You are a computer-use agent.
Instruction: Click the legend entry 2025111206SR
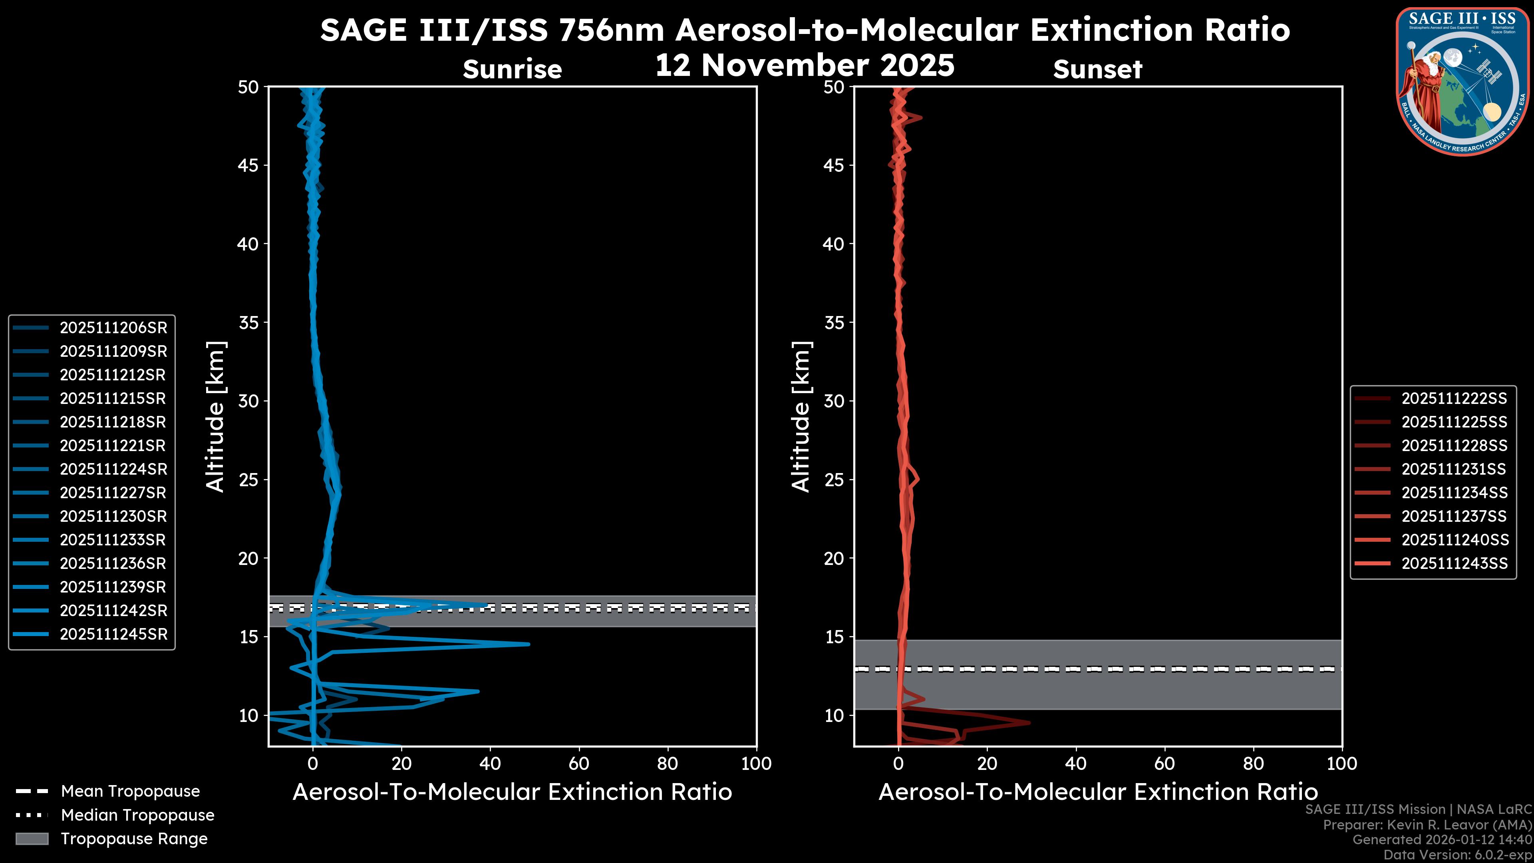[x=113, y=328]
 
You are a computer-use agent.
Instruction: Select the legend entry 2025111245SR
[x=113, y=634]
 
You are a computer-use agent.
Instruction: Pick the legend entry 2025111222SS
[x=1454, y=398]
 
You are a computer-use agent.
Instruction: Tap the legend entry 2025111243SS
[x=1454, y=563]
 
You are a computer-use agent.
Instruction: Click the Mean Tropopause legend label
[x=130, y=791]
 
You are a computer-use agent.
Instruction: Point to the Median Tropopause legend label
[x=137, y=815]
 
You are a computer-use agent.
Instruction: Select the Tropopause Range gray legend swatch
[x=32, y=839]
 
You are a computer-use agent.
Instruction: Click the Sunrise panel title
[x=512, y=70]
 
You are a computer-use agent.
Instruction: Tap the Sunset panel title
[x=1097, y=70]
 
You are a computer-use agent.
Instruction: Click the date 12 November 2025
[x=805, y=66]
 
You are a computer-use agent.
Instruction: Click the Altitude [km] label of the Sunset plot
[x=801, y=416]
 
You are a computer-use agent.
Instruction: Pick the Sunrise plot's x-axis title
[x=512, y=792]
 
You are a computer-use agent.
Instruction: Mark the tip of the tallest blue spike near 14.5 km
[x=528, y=644]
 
